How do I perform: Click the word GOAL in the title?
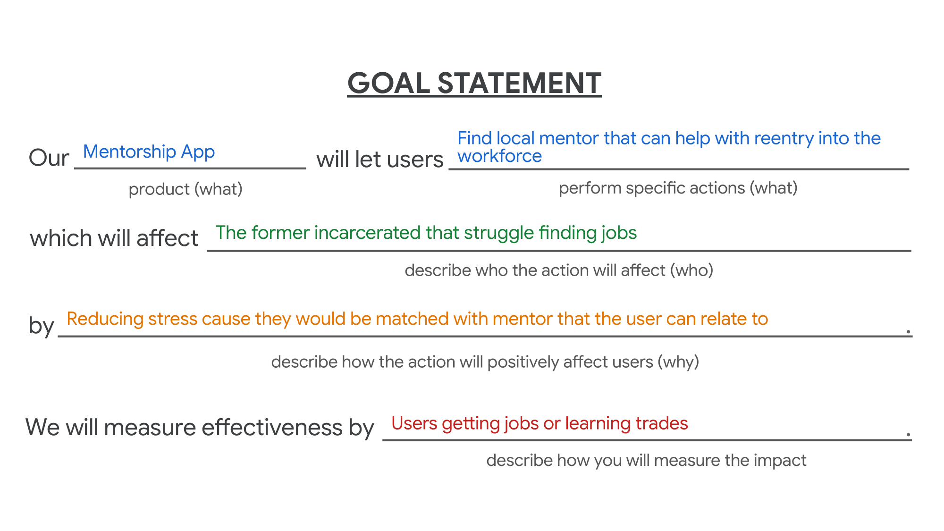[388, 84]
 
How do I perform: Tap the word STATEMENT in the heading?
[519, 84]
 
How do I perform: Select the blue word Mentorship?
[129, 152]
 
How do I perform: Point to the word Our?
[49, 158]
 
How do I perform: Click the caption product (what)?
[185, 189]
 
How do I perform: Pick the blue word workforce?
[499, 156]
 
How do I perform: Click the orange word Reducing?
[105, 320]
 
